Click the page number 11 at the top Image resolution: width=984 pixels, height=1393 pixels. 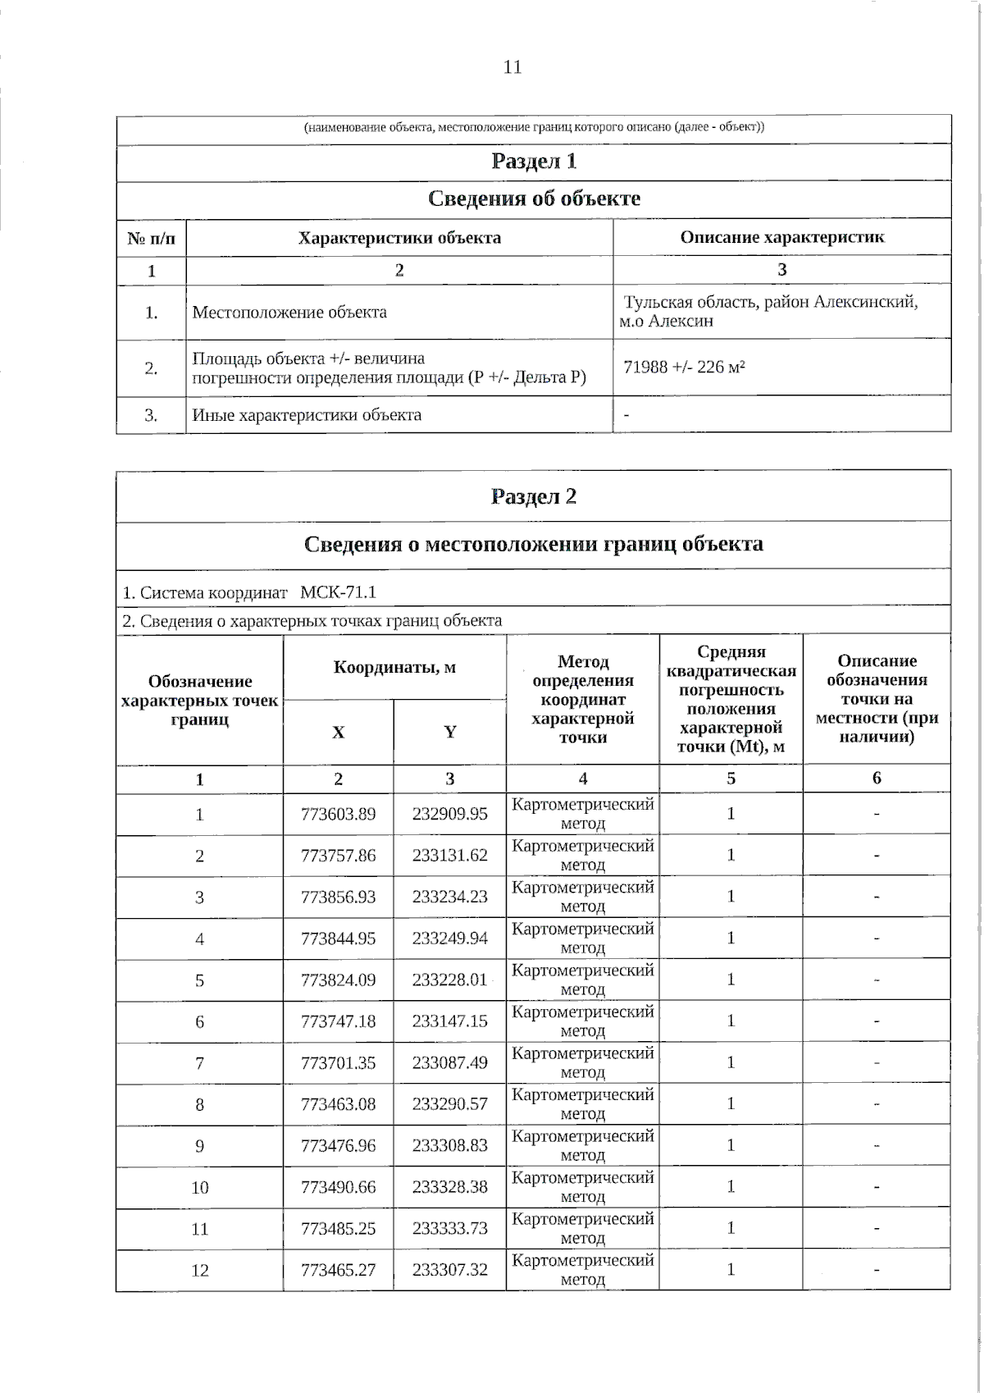pyautogui.click(x=512, y=67)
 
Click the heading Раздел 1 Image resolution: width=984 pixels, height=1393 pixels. pyautogui.click(x=534, y=162)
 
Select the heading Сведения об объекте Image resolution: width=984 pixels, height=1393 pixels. pyautogui.click(x=534, y=199)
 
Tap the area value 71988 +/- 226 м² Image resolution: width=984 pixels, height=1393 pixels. pyautogui.click(x=685, y=367)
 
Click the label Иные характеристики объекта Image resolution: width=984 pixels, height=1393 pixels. pyautogui.click(x=307, y=415)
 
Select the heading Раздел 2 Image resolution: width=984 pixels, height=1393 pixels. pyautogui.click(x=534, y=497)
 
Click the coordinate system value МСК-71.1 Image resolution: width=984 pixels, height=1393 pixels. pyautogui.click(x=338, y=592)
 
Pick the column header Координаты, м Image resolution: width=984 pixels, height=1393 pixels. pyautogui.click(x=394, y=667)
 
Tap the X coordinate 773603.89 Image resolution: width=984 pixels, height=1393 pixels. pyautogui.click(x=338, y=814)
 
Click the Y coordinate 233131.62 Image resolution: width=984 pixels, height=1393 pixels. pyautogui.click(x=449, y=855)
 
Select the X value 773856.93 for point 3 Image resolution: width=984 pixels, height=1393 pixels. pyautogui.click(x=338, y=897)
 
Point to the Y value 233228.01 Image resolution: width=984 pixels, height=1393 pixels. pyautogui.click(x=449, y=980)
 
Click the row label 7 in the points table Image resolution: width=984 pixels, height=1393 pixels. pyautogui.click(x=199, y=1063)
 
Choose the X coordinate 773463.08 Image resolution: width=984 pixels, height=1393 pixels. pyautogui.click(x=338, y=1104)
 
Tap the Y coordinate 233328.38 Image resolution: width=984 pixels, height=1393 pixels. pyautogui.click(x=449, y=1187)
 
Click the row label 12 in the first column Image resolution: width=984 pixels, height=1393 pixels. pyautogui.click(x=199, y=1271)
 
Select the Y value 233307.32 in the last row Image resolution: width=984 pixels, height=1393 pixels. pyautogui.click(x=449, y=1270)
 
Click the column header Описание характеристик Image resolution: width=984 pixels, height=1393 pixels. pyautogui.click(x=781, y=238)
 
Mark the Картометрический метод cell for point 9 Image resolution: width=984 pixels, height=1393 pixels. pyautogui.click(x=582, y=1145)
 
